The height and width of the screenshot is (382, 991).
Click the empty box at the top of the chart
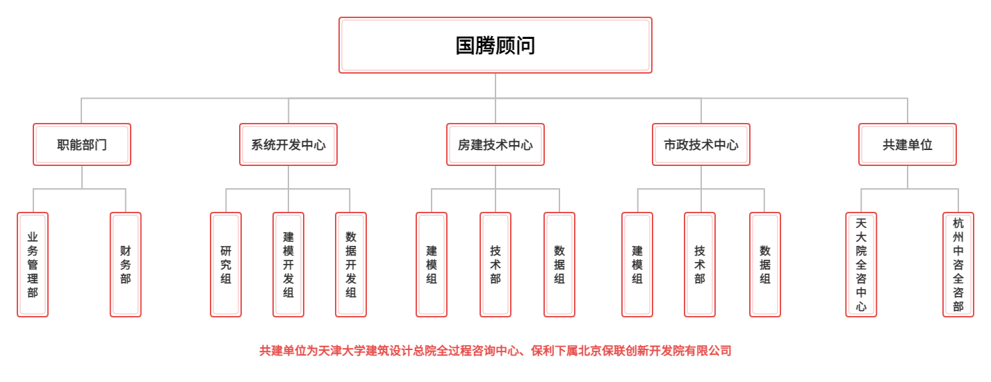tap(495, 45)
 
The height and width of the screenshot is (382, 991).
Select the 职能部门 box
tap(82, 144)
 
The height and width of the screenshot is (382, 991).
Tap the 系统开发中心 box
tap(288, 144)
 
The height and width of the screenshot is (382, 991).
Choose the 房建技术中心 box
tap(495, 144)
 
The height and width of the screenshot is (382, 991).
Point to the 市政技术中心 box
tap(701, 144)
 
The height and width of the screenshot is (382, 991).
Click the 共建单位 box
tap(907, 144)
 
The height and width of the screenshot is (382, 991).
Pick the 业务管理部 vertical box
tap(33, 265)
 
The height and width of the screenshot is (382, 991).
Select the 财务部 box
tap(125, 265)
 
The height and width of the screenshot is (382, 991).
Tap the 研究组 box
tap(226, 265)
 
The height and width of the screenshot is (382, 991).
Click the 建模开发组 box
tap(288, 265)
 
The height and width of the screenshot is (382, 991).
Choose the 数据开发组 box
tap(351, 265)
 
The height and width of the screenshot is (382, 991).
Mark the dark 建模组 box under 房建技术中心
tap(432, 265)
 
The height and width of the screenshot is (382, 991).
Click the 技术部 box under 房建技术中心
tap(495, 265)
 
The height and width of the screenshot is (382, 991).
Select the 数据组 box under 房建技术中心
tap(559, 265)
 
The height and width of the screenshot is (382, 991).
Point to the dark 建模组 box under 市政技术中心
tap(637, 265)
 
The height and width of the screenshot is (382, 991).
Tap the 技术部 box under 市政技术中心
tap(700, 265)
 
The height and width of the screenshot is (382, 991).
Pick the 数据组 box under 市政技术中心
tap(764, 265)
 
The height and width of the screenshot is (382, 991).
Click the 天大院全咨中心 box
tap(861, 265)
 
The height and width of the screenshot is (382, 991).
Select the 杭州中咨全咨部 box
tap(958, 265)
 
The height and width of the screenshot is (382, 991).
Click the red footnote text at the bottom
tap(495, 351)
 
